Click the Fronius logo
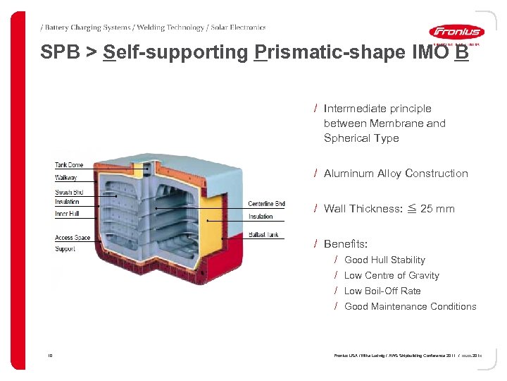coord(456,32)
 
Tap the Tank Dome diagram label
coord(69,165)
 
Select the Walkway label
coord(66,178)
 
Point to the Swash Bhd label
coord(69,193)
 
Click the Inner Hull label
coord(67,213)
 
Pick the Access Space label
coord(73,238)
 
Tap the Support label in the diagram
coord(65,249)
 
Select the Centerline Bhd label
coord(266,205)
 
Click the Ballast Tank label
coord(263,235)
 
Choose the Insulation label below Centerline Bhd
coord(261,217)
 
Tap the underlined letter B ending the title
coord(461,52)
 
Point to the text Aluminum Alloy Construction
coord(396,174)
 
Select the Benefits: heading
coord(346,244)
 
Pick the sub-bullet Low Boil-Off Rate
coord(382,291)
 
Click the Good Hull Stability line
coord(384,260)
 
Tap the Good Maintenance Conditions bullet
coord(410,306)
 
